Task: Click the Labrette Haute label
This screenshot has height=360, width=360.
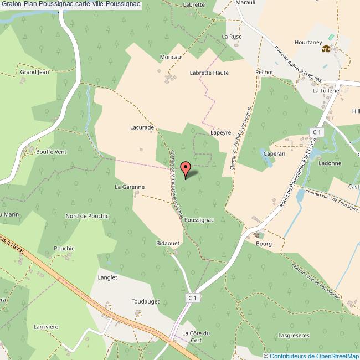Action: click(x=209, y=73)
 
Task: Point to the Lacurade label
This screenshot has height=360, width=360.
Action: click(x=142, y=127)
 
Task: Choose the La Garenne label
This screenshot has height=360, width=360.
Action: click(x=130, y=187)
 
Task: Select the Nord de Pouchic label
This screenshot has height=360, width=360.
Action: click(x=87, y=215)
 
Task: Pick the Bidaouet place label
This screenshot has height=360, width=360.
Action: click(x=168, y=243)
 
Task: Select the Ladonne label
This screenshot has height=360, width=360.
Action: click(x=330, y=163)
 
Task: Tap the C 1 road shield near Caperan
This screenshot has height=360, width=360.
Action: click(x=316, y=132)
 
